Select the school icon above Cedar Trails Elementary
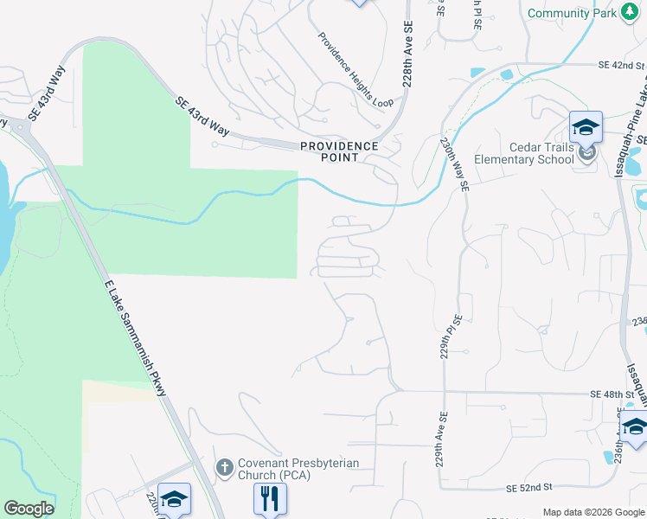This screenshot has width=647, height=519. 586,127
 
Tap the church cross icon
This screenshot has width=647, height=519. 224,468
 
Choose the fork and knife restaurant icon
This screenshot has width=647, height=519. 270,497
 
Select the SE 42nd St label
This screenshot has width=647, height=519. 622,65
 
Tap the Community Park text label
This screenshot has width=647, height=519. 571,13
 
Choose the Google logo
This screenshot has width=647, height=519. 28,509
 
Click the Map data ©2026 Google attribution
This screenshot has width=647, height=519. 593,512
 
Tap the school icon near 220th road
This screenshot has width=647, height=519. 174,499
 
